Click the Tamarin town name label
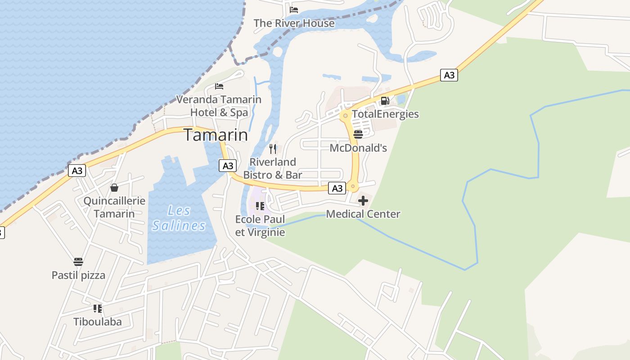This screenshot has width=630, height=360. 216,135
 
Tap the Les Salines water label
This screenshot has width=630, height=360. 179,218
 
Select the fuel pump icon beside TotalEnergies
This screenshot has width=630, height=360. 385,101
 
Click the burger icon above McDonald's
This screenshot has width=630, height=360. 358,135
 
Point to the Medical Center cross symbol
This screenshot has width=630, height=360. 363,201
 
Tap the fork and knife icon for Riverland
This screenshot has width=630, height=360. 273,148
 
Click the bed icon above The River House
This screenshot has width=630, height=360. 294,9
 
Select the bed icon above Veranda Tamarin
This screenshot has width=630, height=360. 219,86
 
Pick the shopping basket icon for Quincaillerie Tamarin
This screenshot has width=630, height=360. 114,187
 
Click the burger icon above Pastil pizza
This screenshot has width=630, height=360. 78,261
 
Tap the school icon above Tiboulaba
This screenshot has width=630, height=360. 97,308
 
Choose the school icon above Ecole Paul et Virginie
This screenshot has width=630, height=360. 260,206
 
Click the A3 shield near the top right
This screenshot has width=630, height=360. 449,75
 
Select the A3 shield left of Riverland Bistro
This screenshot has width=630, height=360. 228,166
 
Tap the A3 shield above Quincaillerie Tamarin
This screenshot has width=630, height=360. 77,171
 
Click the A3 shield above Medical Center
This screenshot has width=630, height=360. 337,188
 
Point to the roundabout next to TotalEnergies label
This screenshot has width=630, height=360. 345,116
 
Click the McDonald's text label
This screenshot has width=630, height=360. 358,148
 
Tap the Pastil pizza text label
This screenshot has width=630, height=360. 78,275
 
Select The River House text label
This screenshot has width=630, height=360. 294,23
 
